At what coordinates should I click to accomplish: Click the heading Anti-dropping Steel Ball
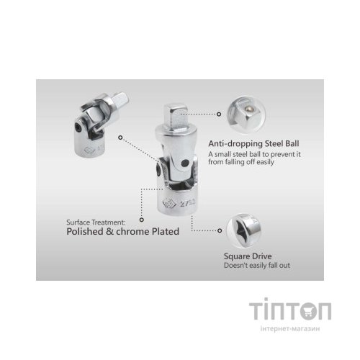pos(253,144)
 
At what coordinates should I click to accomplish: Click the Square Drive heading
pos(248,256)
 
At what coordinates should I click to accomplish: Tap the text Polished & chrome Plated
pos(122,231)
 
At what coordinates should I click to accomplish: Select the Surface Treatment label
pos(96,222)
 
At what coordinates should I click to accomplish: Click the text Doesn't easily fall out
pos(257,266)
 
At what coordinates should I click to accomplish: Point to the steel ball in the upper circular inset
pos(251,109)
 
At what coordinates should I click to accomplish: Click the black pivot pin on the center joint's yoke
pos(185,163)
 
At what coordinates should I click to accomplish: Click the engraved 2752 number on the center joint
pos(187,204)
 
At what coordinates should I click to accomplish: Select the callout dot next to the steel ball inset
pos(219,114)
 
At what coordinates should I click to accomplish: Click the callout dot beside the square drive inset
pos(220,230)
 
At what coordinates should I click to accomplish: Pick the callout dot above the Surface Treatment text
pos(142,220)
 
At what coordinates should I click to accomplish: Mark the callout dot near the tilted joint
pos(120,138)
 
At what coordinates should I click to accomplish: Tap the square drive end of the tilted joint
pos(120,99)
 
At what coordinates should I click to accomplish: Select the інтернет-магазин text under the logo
pos(290,328)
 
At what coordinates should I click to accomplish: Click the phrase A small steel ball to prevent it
pos(254,154)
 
